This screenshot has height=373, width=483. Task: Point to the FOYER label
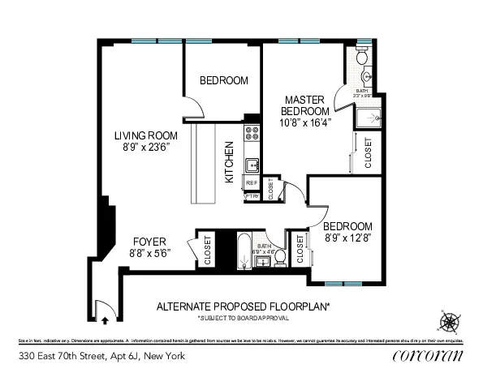149,242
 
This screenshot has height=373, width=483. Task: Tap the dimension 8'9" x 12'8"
347,238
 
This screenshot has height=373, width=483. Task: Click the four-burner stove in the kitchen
252,134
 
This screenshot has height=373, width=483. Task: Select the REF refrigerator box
251,184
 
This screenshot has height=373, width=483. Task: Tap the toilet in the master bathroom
363,57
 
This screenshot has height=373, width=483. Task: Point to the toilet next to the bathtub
278,256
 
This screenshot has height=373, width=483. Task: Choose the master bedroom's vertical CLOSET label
368,152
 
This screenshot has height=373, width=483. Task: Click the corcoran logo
427,356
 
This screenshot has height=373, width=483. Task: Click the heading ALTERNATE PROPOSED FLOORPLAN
243,307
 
